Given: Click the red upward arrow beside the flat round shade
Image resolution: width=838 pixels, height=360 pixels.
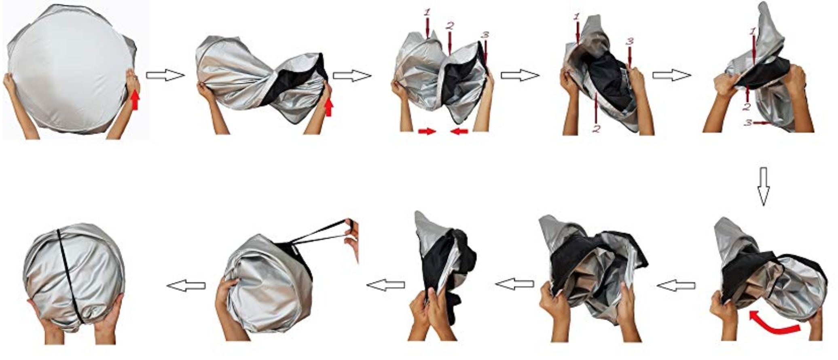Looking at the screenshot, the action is click(x=135, y=100).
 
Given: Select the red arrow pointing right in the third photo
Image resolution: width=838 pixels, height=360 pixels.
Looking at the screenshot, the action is click(x=427, y=131).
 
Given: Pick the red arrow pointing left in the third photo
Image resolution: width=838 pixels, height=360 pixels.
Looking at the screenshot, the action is click(x=459, y=131).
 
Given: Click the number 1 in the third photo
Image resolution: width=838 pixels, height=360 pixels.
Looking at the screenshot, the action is click(x=427, y=12).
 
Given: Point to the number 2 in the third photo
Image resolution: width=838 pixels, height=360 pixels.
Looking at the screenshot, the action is click(x=449, y=26).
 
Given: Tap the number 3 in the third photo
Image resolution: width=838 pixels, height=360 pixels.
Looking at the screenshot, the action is click(x=485, y=35).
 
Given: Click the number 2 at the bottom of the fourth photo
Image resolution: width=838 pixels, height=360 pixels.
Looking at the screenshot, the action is click(x=597, y=128).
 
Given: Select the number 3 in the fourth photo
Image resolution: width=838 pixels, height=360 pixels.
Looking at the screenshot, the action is click(x=629, y=42).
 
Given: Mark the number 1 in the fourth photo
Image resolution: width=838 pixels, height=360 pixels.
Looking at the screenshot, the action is click(x=577, y=17).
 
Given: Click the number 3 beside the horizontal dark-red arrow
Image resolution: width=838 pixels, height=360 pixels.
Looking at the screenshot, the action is click(x=748, y=122).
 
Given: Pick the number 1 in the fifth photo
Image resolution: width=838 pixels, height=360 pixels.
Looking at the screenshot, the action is click(x=753, y=30).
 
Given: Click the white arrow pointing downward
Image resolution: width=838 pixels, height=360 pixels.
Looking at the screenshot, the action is click(x=763, y=186).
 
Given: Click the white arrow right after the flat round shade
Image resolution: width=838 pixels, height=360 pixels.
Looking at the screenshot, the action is click(x=165, y=75).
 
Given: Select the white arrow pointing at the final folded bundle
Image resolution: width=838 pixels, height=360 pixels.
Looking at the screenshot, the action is click(x=186, y=286).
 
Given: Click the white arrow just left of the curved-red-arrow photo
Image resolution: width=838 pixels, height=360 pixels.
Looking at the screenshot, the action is click(x=676, y=286).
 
